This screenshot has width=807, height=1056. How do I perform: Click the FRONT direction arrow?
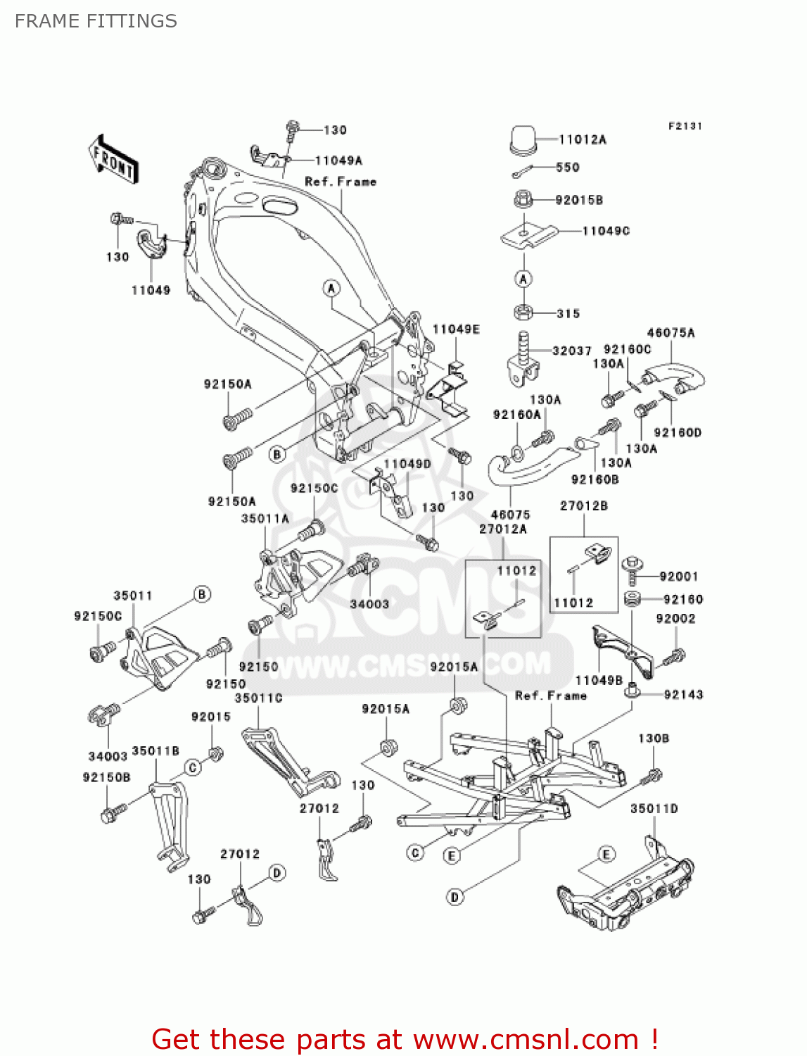(x=113, y=160)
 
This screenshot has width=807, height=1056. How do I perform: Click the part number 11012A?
(x=583, y=139)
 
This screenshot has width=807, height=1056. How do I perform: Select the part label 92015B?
(x=579, y=200)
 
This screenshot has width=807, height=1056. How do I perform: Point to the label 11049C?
(x=606, y=231)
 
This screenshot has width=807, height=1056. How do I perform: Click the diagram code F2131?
(x=685, y=126)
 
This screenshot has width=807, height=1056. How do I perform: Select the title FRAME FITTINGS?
(x=96, y=21)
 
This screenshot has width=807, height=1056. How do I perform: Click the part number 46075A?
(x=671, y=333)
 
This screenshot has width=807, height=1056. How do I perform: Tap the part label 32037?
(x=571, y=351)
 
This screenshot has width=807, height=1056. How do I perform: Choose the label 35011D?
(x=654, y=809)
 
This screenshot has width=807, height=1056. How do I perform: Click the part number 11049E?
(x=456, y=329)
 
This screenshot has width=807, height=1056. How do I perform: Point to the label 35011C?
(x=258, y=698)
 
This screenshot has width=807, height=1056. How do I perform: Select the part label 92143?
(x=683, y=694)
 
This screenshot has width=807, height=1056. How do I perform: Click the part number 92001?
(x=679, y=577)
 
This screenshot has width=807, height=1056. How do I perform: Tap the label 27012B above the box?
(x=583, y=505)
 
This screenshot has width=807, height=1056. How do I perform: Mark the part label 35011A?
(x=265, y=519)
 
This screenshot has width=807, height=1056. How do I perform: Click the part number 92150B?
(x=106, y=777)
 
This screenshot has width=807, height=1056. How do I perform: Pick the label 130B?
(x=654, y=738)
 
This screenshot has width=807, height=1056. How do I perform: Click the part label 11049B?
(x=599, y=680)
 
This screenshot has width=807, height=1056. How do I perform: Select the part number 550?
(x=567, y=167)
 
